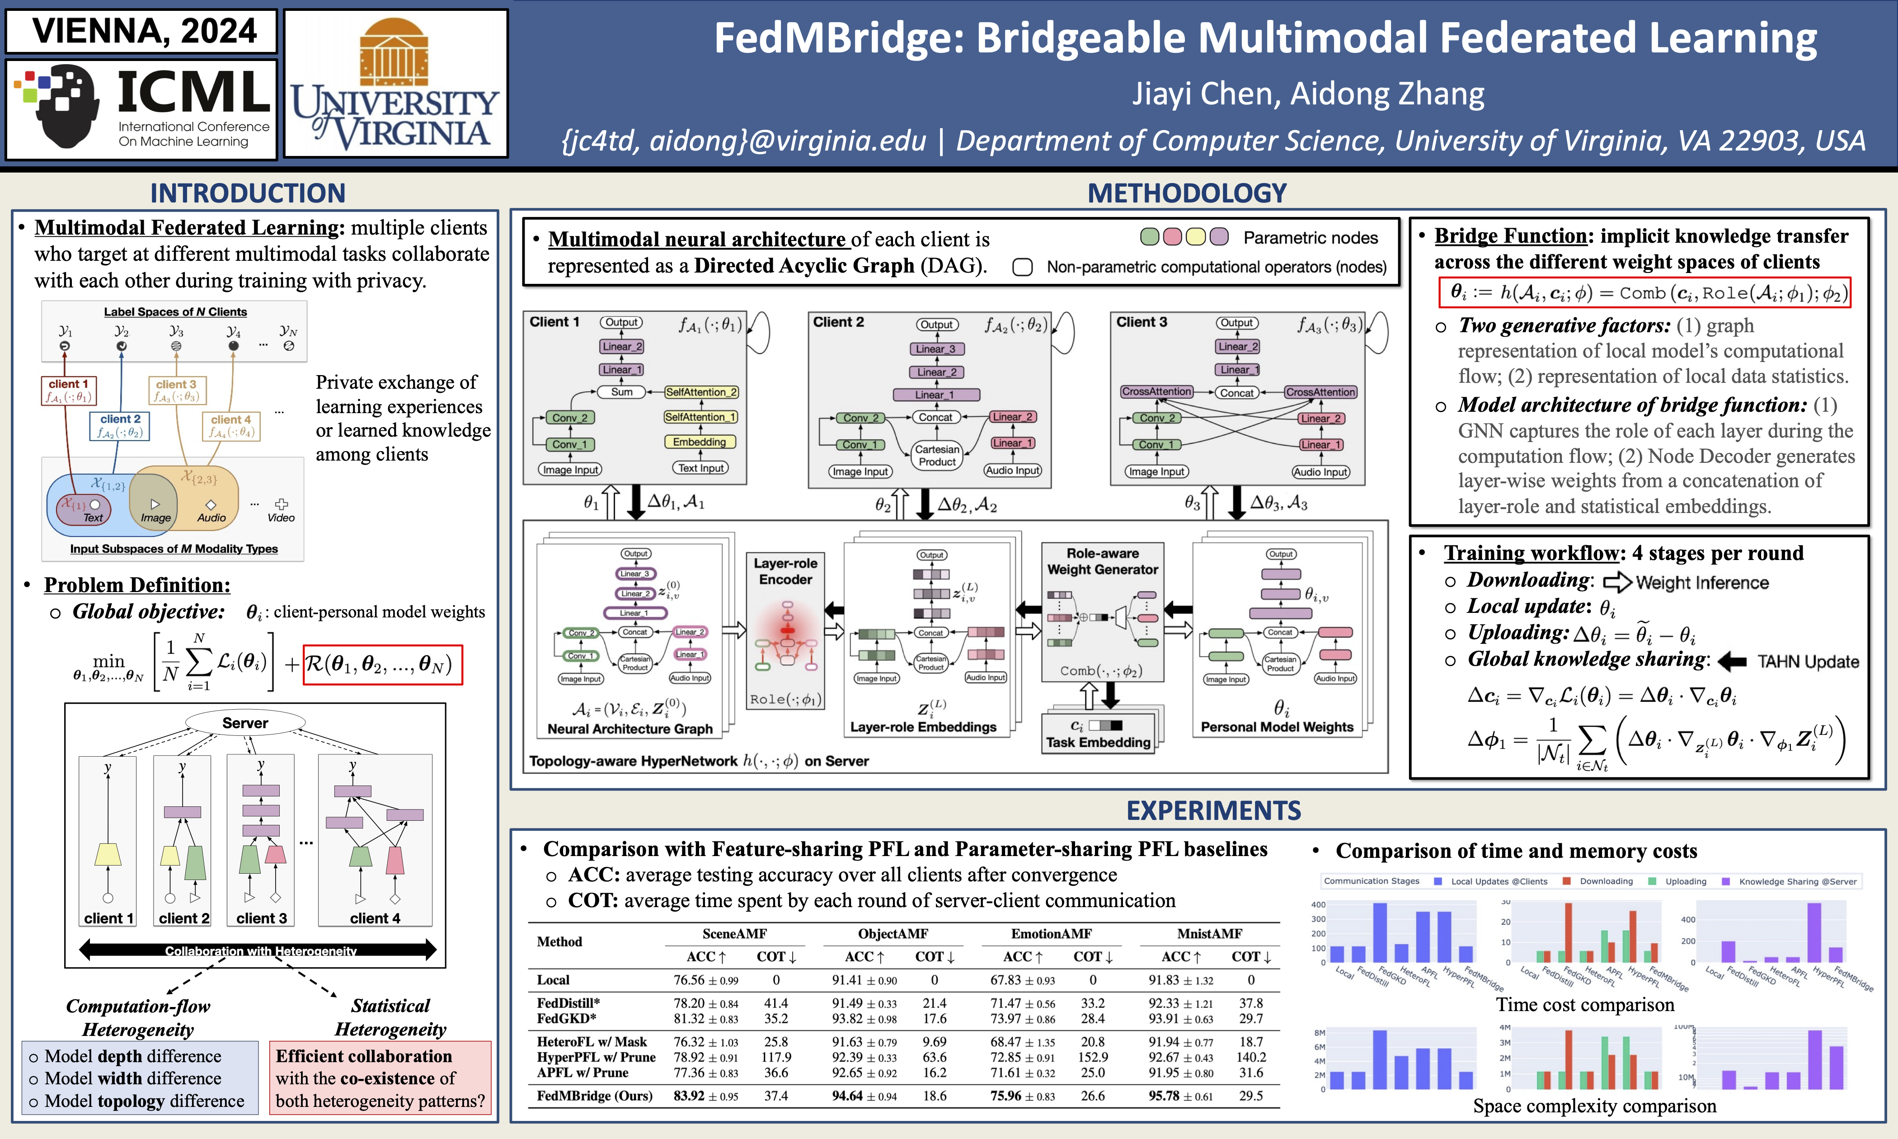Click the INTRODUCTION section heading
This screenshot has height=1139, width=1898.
pyautogui.click(x=247, y=193)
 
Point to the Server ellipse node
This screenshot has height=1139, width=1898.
pyautogui.click(x=245, y=723)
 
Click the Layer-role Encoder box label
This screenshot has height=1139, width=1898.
pyautogui.click(x=785, y=571)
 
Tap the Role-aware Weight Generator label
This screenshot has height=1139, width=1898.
pyautogui.click(x=1103, y=561)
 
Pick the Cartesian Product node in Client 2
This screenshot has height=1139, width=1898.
pyautogui.click(x=937, y=455)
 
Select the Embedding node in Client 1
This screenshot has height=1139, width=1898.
pyautogui.click(x=699, y=442)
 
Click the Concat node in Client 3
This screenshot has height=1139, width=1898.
pyautogui.click(x=1237, y=392)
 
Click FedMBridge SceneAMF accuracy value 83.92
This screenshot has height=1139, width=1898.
pyautogui.click(x=689, y=1096)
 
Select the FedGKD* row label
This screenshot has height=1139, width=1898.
pyautogui.click(x=566, y=1018)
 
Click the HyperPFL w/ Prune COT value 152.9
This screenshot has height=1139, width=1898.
pyautogui.click(x=1092, y=1057)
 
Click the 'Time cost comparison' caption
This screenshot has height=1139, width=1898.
pyautogui.click(x=1584, y=1005)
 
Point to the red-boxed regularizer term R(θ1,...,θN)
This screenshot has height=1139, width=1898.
pyautogui.click(x=382, y=664)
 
